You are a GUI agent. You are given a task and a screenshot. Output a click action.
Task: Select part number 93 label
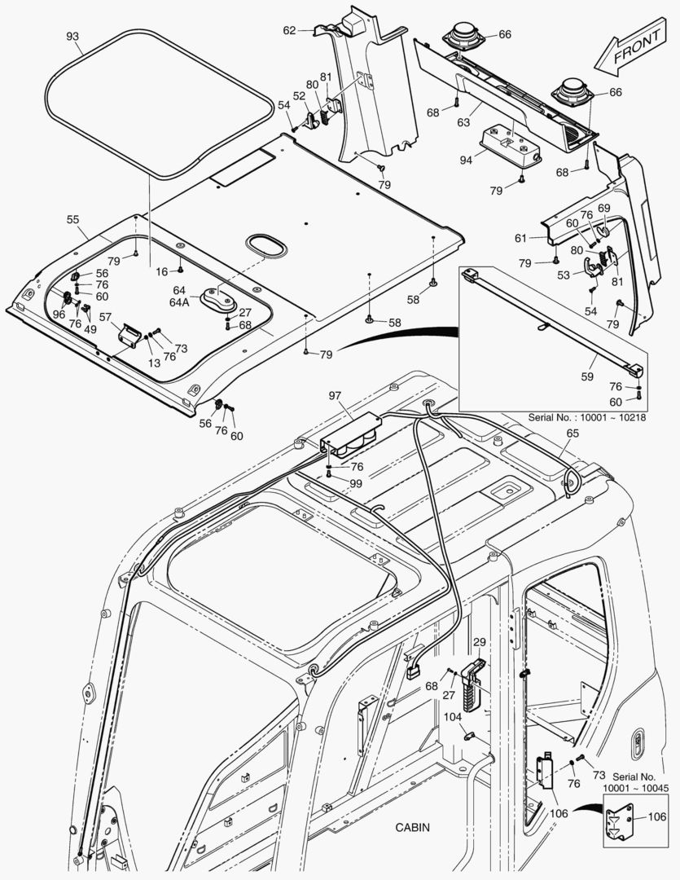[72, 37]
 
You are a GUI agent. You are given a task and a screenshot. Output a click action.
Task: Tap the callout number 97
[335, 395]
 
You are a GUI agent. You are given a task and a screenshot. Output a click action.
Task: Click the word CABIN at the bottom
[413, 827]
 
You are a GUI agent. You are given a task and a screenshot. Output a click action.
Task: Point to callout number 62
[289, 30]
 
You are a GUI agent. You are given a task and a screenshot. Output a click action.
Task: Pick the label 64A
[180, 301]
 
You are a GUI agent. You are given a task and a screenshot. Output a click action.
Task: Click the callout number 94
[465, 160]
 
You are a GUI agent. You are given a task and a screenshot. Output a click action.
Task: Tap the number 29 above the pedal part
[479, 643]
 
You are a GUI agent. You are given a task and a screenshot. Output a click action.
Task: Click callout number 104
[452, 716]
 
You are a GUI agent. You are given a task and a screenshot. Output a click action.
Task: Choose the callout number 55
[72, 220]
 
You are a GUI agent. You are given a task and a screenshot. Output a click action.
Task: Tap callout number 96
[59, 314]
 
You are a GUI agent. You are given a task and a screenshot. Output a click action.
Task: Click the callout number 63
[463, 123]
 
